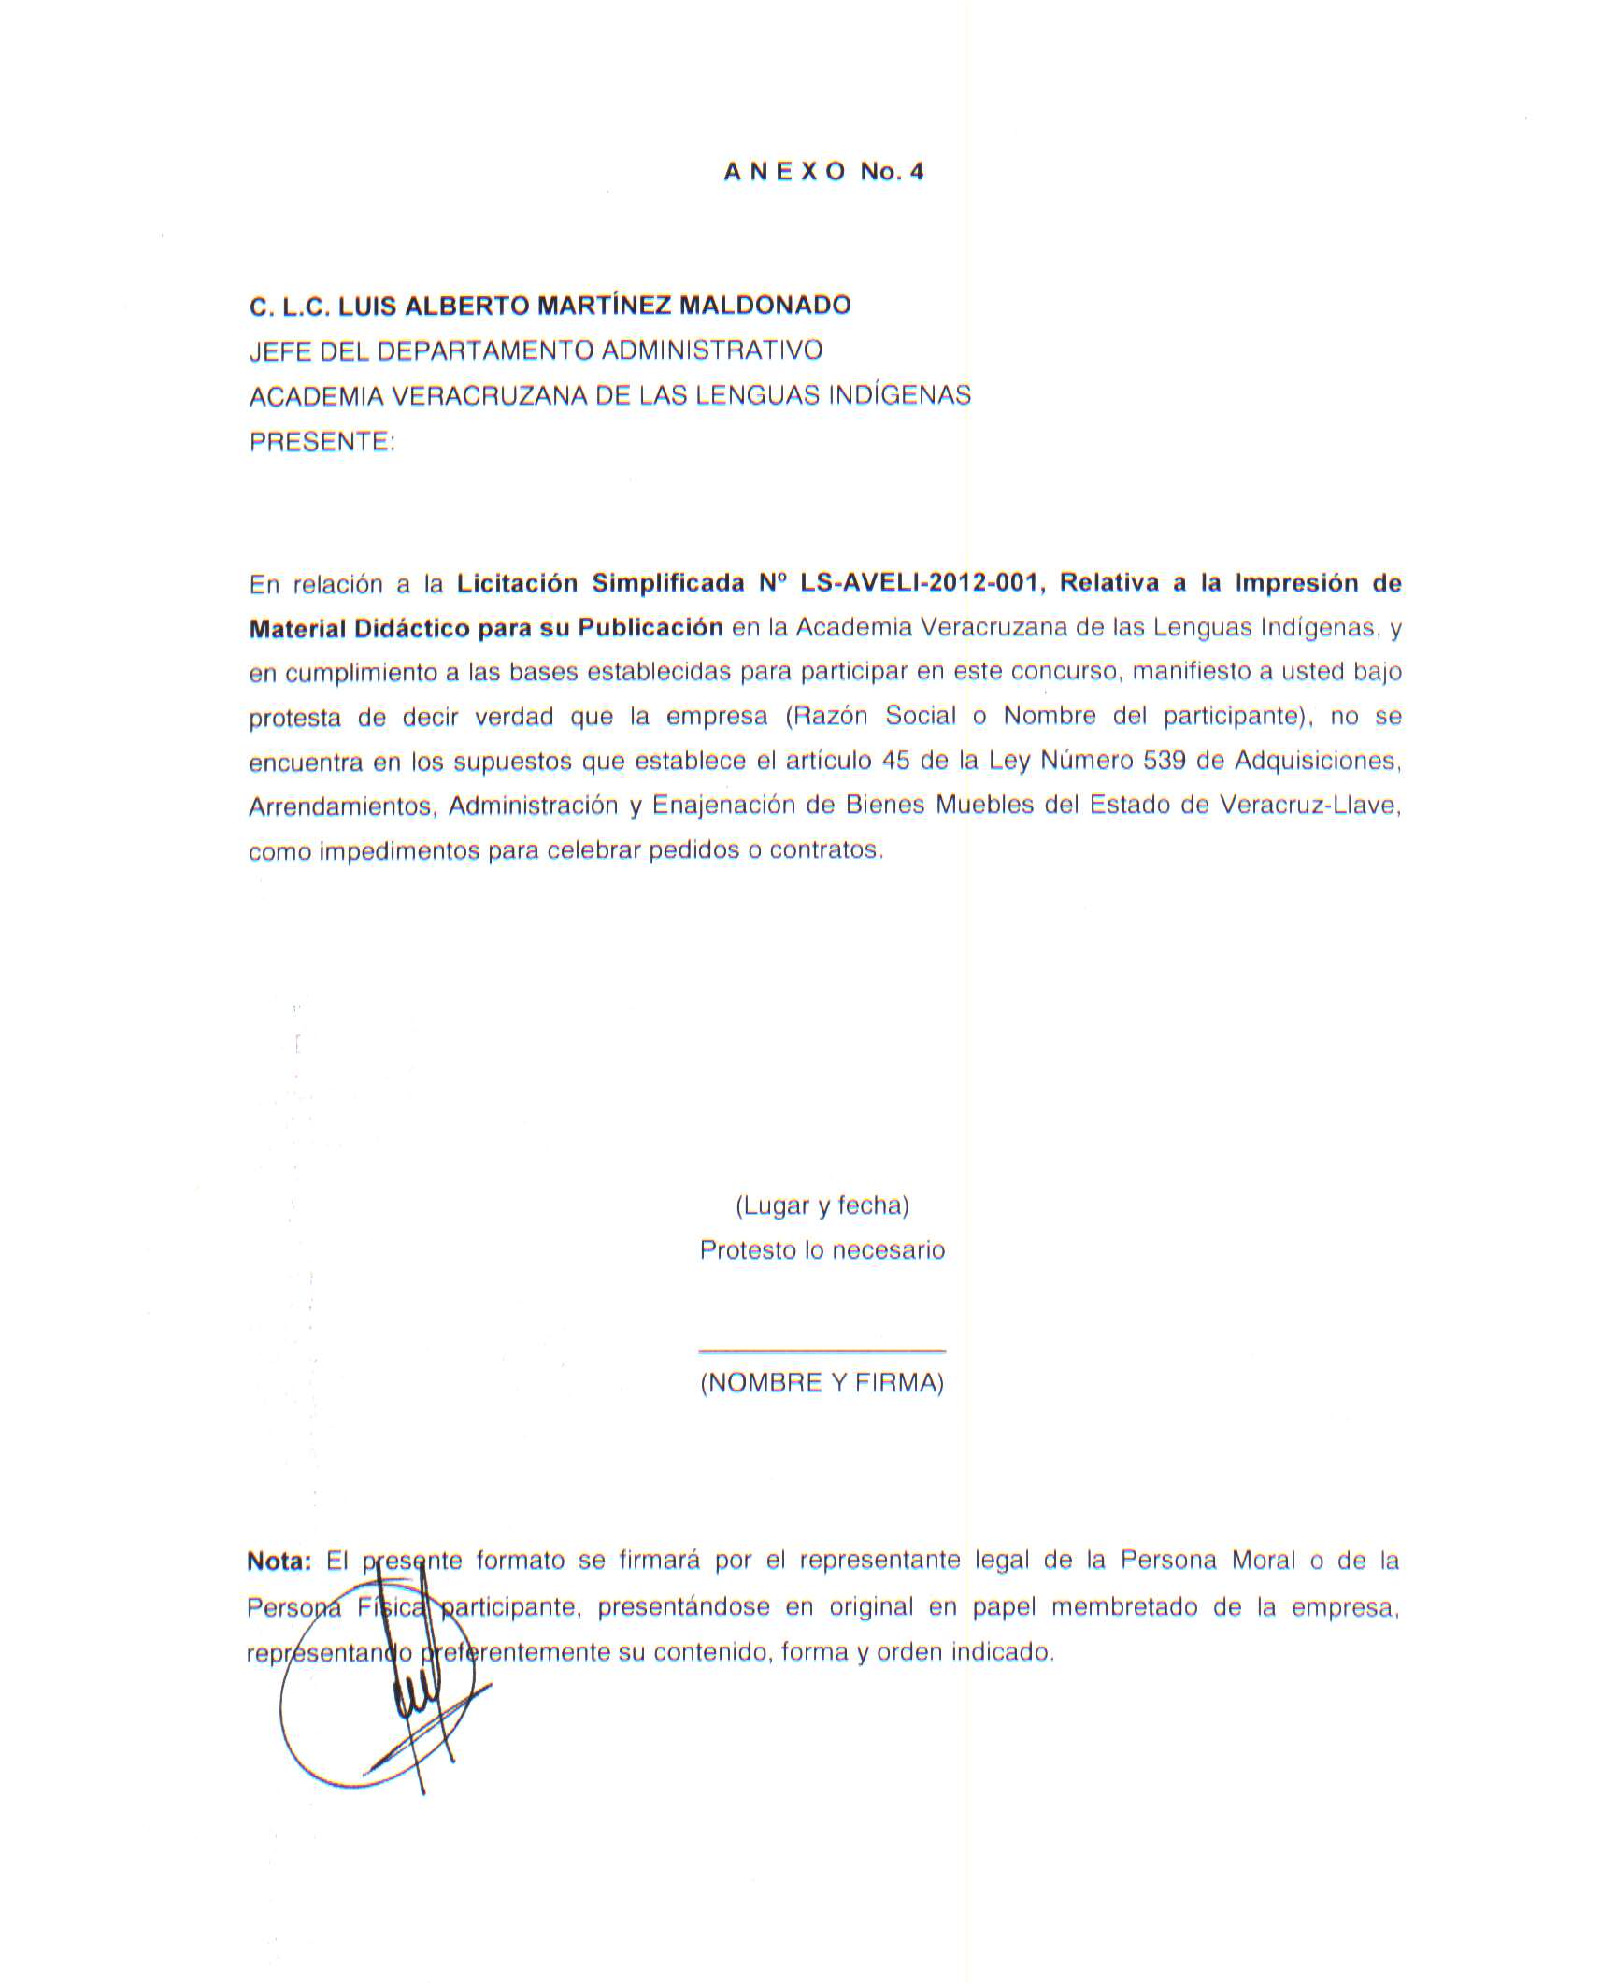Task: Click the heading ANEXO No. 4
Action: coord(823,172)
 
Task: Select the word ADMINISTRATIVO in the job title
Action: coord(711,350)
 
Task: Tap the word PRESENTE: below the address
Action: coord(322,441)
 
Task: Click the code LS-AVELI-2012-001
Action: coord(920,583)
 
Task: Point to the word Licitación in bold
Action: coord(518,583)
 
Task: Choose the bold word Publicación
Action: coord(650,627)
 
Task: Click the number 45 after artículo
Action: coord(895,761)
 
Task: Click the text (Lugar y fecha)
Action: coord(822,1205)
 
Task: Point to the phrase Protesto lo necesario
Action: coord(822,1250)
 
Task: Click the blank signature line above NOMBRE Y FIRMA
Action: coord(822,1349)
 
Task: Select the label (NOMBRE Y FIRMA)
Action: coord(822,1383)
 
